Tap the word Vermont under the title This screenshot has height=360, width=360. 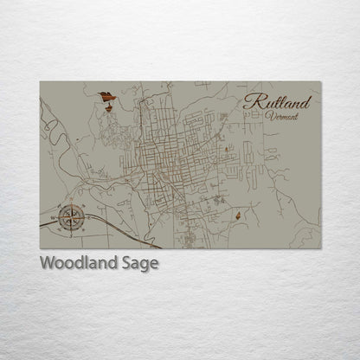click(282, 115)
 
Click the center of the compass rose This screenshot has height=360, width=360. click(71, 217)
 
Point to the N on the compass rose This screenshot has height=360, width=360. click(71, 204)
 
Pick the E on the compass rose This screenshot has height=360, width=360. click(85, 217)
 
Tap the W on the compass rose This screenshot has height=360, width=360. click(57, 217)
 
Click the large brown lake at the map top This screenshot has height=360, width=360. click(106, 96)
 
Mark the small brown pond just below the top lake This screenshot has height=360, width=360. click(108, 107)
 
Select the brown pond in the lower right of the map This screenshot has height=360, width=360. click(236, 213)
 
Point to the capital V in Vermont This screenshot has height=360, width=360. click(269, 115)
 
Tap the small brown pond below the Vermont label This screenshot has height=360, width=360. click(227, 151)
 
